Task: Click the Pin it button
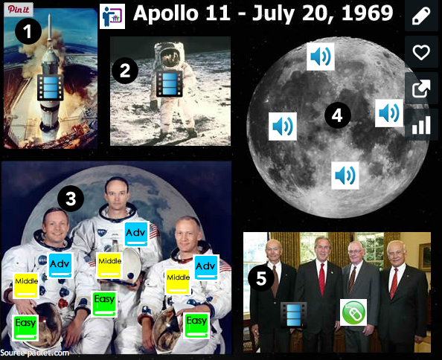coord(19,10)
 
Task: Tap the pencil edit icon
coord(421,16)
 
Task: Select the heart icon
coord(421,52)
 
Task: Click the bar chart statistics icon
coord(421,125)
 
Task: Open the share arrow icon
coord(421,89)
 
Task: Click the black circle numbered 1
coord(28,31)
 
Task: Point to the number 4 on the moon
coord(337,115)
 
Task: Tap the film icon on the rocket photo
coord(51,87)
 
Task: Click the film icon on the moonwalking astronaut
coord(170,83)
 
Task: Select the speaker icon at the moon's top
coord(321,57)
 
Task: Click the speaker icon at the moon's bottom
coord(345,176)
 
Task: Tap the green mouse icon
coord(353,312)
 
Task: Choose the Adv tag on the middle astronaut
coord(136,234)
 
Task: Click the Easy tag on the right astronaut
coord(196,326)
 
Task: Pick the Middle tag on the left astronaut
coord(26,286)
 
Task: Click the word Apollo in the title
coord(166,13)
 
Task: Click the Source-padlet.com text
coord(35,353)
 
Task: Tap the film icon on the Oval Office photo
coord(293,315)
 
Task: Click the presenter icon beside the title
coord(112,16)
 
